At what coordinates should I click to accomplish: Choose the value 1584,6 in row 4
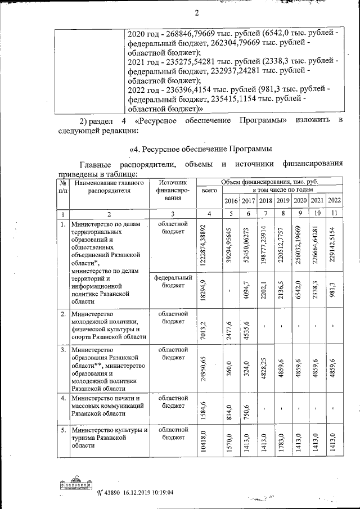(x=209, y=409)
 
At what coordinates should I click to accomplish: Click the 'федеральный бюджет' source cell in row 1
(x=174, y=281)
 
